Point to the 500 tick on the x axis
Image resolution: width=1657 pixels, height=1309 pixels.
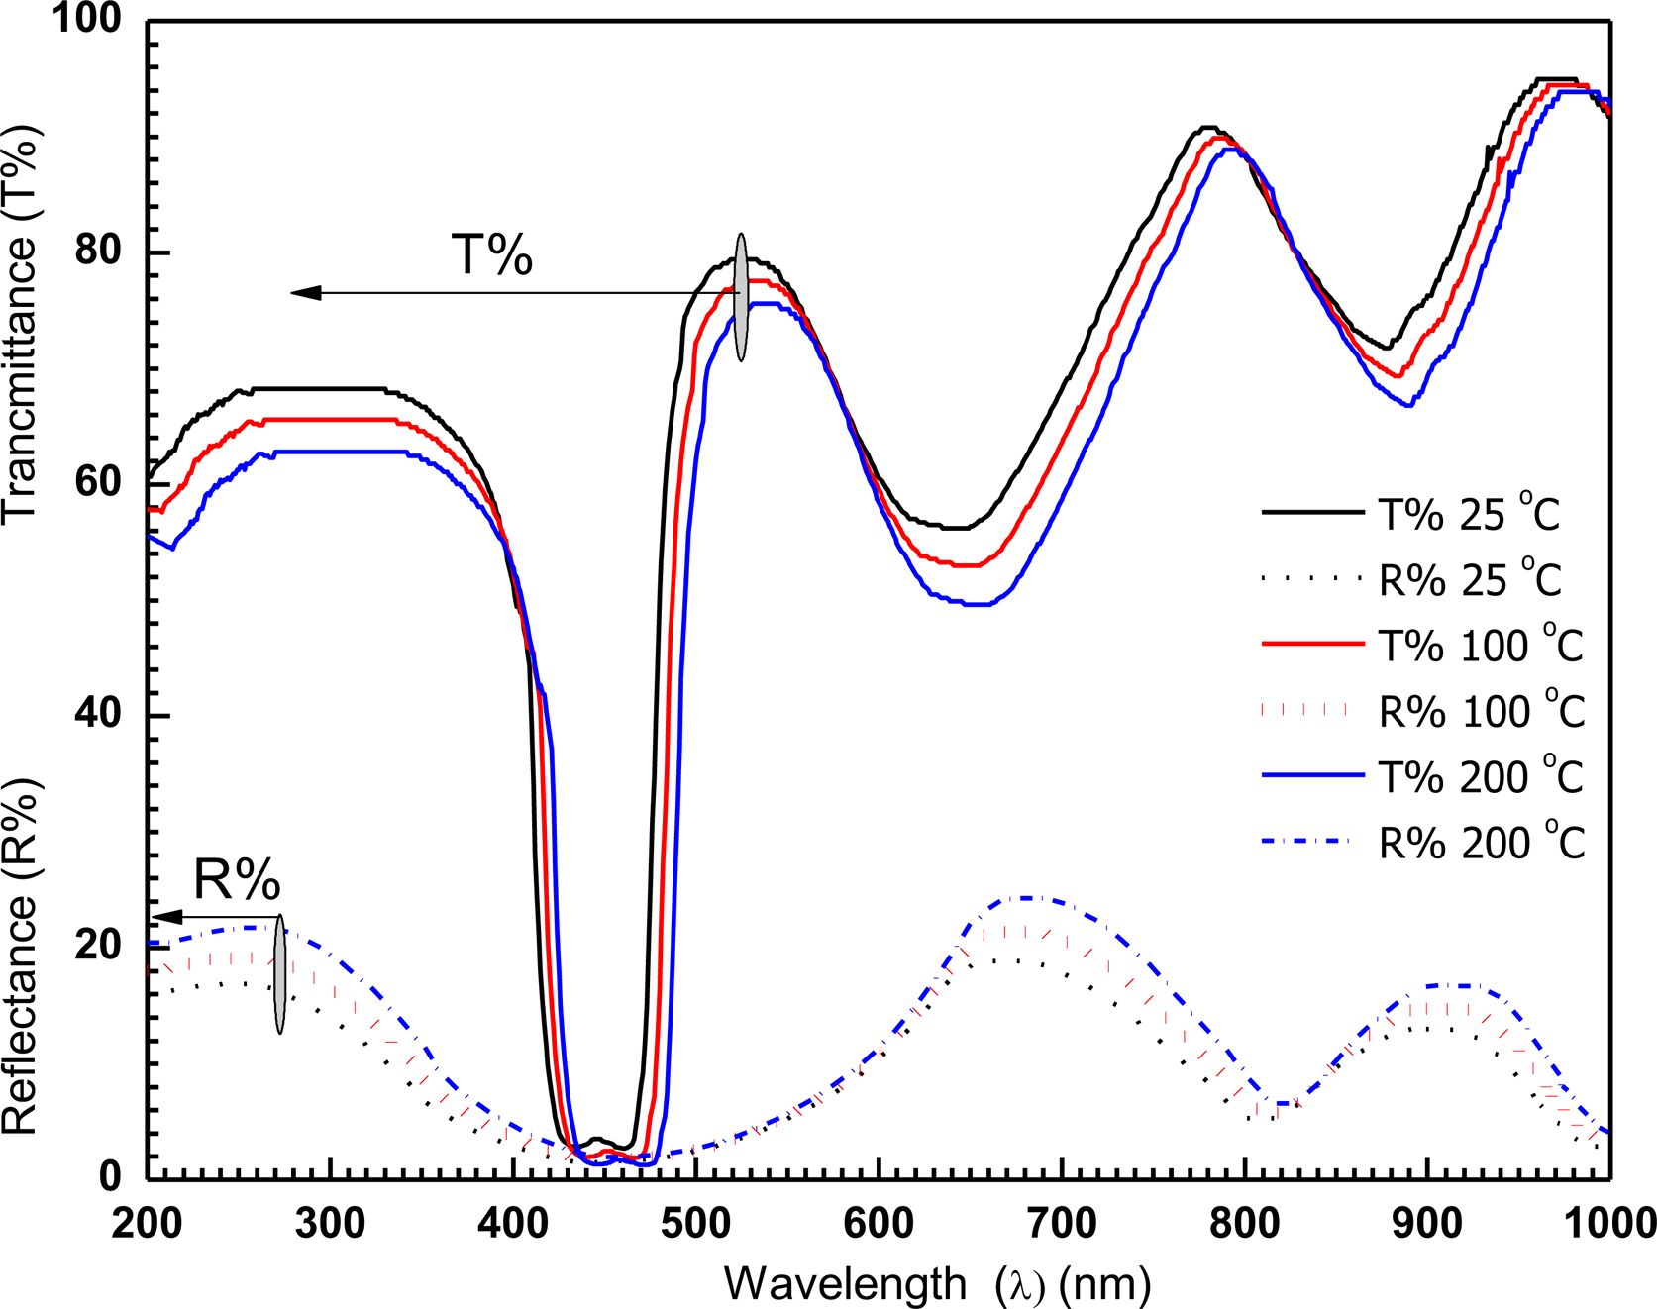pyautogui.click(x=696, y=1224)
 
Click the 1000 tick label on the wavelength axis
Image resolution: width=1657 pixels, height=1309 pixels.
pyautogui.click(x=1609, y=1224)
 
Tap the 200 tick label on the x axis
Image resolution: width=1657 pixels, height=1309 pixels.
pyautogui.click(x=147, y=1224)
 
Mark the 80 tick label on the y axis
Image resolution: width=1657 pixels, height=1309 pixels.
pyautogui.click(x=97, y=251)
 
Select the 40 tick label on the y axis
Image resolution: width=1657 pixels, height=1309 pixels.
pyautogui.click(x=97, y=714)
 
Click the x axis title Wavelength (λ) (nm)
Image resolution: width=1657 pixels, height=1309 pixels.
pyautogui.click(x=937, y=1284)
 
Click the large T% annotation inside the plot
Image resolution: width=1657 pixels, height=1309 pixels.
pyautogui.click(x=492, y=255)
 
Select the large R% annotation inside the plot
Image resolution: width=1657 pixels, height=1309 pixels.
pyautogui.click(x=237, y=878)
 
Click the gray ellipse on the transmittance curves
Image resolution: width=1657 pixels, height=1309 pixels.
pyautogui.click(x=741, y=296)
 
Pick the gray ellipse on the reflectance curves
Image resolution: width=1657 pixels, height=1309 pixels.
pyautogui.click(x=280, y=974)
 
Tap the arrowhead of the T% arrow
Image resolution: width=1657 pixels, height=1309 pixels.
pyautogui.click(x=303, y=292)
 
